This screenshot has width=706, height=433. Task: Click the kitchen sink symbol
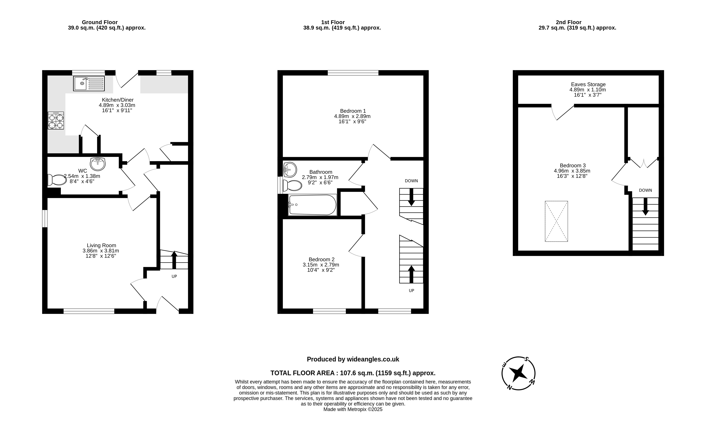tap(89, 83)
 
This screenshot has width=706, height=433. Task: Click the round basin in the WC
tap(98, 164)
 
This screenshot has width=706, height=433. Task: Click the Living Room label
tap(101, 245)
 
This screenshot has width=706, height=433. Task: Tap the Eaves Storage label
tap(588, 84)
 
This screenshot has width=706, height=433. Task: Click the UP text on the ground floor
tap(174, 276)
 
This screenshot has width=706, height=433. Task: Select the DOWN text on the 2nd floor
tap(646, 190)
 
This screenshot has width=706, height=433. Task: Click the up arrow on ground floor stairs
tap(174, 260)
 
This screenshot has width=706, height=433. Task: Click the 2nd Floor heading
tap(569, 22)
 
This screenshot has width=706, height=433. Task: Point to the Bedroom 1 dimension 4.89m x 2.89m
tap(352, 116)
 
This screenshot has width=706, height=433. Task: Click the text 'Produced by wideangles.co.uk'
tap(353, 359)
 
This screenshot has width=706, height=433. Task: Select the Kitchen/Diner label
tap(118, 100)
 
